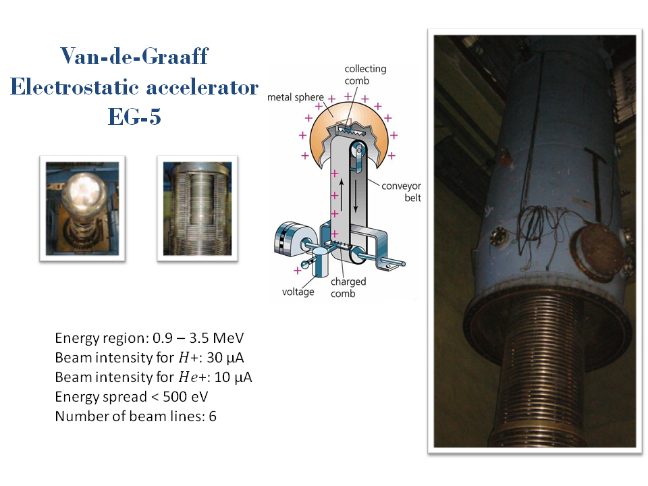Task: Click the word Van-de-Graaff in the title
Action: (x=134, y=56)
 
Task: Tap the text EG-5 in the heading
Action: (x=134, y=116)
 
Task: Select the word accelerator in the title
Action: (x=202, y=87)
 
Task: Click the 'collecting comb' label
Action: (x=365, y=74)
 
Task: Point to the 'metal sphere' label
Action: (x=296, y=97)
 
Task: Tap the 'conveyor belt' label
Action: (x=401, y=192)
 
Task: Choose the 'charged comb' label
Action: (x=348, y=288)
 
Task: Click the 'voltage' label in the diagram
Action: (x=298, y=292)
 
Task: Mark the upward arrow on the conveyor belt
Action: (x=342, y=194)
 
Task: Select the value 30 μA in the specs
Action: (x=225, y=358)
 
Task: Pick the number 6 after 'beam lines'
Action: (x=213, y=416)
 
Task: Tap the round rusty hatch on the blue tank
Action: (x=597, y=253)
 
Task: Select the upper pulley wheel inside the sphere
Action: (x=358, y=150)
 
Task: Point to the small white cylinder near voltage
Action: (x=320, y=263)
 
